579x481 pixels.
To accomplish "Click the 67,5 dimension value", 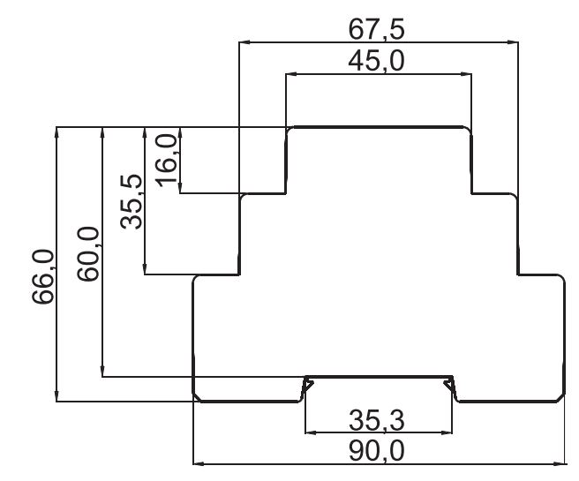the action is coord(376,30).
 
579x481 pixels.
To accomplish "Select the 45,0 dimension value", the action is coord(376,61).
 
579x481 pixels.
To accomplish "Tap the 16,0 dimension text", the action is coord(167,161).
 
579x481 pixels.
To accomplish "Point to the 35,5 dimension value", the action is coord(132,201).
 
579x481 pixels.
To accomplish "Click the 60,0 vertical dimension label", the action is coord(88,254).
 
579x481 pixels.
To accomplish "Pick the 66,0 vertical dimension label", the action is coord(43,277).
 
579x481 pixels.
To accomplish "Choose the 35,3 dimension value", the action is coord(377,420).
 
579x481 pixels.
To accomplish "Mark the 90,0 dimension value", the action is coord(377,451).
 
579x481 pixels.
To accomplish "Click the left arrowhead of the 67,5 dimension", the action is coord(244,42).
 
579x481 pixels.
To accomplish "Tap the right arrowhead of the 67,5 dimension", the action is coord(513,42).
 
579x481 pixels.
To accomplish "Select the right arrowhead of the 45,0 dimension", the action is coord(466,74).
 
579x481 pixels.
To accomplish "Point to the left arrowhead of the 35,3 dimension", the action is coord(311,432).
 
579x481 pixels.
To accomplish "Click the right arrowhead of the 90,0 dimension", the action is coord(560,463).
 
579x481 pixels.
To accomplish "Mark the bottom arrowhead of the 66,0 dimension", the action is coord(56,395).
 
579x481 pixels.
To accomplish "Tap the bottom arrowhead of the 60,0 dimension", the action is coord(102,371).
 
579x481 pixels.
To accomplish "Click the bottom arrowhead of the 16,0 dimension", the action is coord(180,187).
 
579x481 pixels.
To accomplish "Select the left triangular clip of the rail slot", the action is coord(308,387).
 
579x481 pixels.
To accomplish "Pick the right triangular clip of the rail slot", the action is coord(449,387).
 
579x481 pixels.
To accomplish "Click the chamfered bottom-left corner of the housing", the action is coord(197,397).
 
